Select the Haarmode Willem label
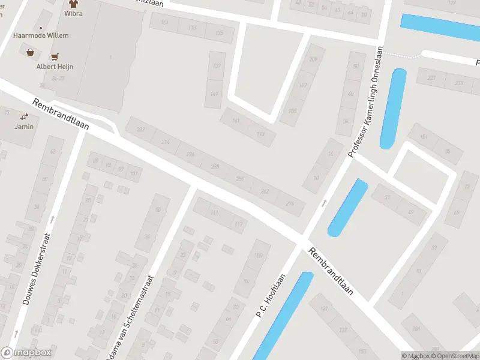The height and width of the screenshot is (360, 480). tap(41, 35)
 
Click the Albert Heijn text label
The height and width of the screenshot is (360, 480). tap(53, 67)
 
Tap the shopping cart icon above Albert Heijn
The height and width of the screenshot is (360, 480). tap(55, 57)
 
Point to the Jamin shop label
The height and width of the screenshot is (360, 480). tap(25, 127)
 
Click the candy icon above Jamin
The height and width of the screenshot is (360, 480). tap(25, 116)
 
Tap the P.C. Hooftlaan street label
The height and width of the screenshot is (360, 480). tap(271, 296)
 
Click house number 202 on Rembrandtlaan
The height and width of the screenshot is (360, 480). tap(141, 130)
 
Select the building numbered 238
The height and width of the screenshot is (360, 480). tap(215, 166)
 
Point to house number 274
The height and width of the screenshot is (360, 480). tap(291, 203)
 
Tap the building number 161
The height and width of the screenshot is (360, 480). tap(235, 121)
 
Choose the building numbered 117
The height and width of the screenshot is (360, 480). tap(238, 224)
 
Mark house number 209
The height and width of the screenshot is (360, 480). tap(313, 59)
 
